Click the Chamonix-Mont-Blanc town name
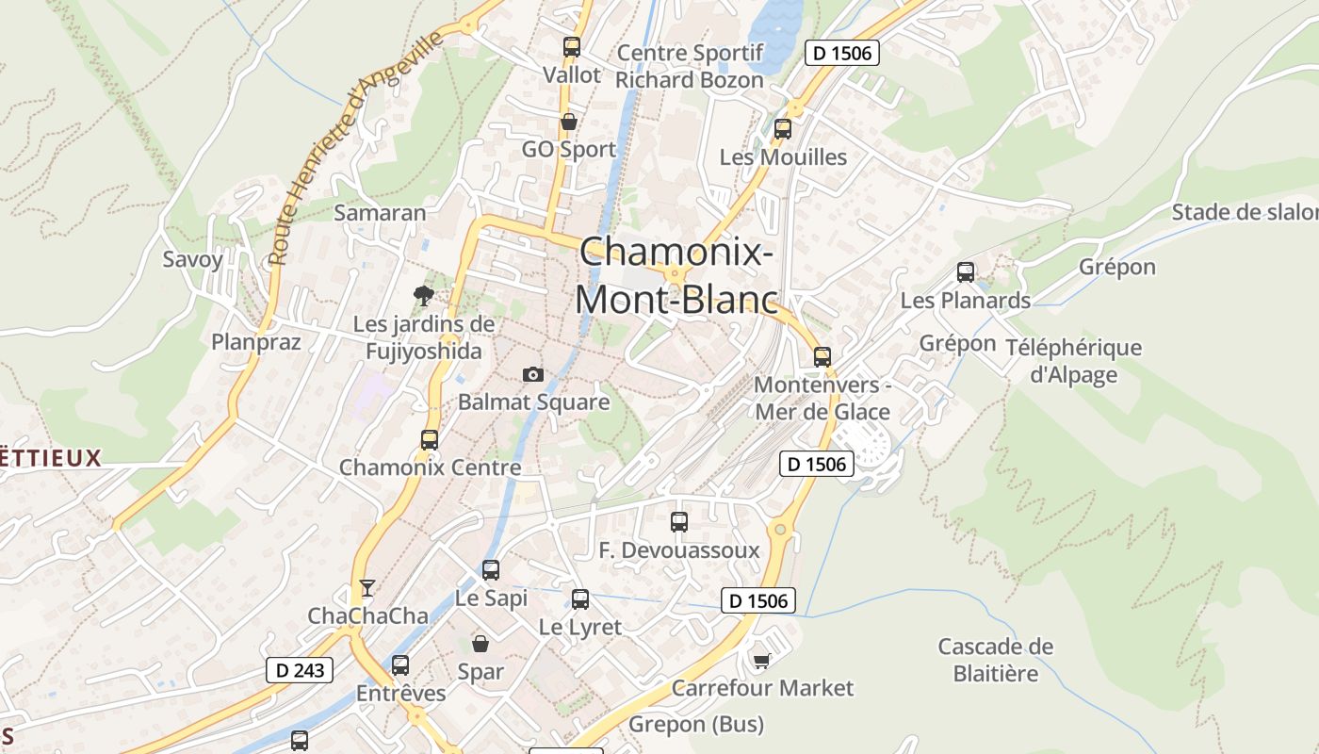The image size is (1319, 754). pos(676,275)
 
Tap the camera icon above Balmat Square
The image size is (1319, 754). pos(533,374)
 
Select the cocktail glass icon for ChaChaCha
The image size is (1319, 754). pos(367,588)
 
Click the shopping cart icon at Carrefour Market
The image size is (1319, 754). pos(762,661)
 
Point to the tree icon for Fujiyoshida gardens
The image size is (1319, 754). pos(425,296)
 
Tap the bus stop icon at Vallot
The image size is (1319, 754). pos(571,46)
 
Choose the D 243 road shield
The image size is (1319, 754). pos(301,670)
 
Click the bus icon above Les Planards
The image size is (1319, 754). pos(966,272)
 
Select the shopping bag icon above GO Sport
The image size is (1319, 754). pos(568,122)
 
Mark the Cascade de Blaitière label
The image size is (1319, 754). pos(995,660)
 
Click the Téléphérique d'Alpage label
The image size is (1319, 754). pos(1073,360)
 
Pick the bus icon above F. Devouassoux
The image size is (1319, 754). pos(679,521)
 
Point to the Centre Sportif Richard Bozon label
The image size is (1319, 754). pos(689,66)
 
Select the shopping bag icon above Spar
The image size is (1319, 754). pos(480,644)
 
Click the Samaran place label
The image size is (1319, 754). pos(381,213)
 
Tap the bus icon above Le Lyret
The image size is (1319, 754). pos(580,598)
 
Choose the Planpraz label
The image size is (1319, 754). pos(256,341)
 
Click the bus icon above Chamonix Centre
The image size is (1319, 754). pos(430,439)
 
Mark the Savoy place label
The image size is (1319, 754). pos(193,259)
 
